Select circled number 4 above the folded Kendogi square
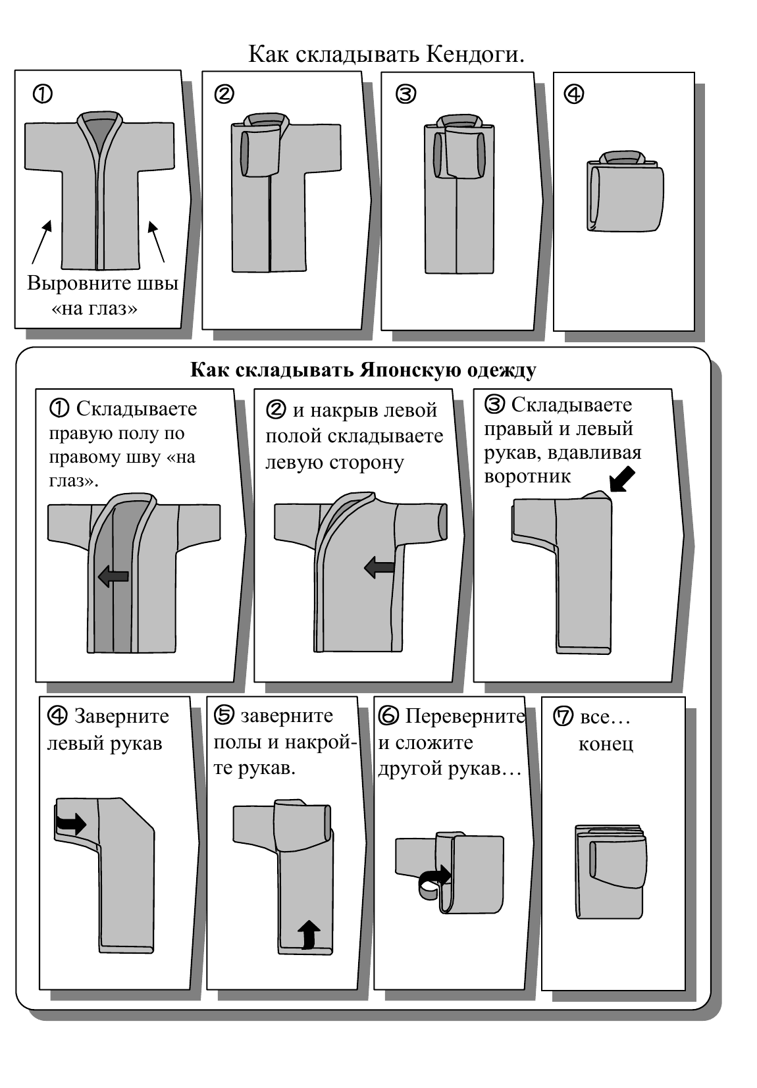(573, 95)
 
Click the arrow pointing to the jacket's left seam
(41, 242)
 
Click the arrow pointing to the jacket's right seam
(156, 242)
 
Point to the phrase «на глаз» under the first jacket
(95, 308)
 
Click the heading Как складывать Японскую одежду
(363, 370)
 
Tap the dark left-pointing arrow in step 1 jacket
(113, 577)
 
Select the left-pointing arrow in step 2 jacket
(379, 566)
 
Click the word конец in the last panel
(606, 744)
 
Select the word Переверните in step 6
(464, 715)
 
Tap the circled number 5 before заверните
(224, 715)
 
